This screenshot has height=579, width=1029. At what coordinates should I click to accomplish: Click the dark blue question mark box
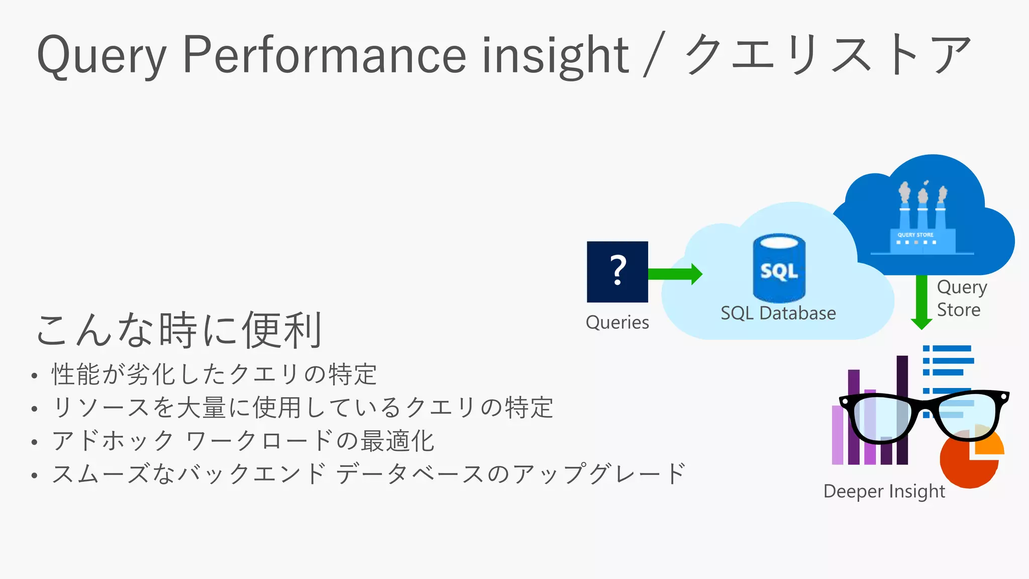tap(617, 271)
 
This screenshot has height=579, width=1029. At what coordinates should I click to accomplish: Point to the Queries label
tap(617, 322)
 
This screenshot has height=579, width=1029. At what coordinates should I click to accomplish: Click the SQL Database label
tap(778, 313)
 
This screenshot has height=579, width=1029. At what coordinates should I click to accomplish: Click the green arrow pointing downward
tap(921, 302)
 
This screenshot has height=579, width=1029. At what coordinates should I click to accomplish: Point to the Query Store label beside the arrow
tap(961, 298)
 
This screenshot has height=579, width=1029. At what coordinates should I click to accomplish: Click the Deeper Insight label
tap(884, 491)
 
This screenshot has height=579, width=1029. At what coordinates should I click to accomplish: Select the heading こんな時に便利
tap(179, 330)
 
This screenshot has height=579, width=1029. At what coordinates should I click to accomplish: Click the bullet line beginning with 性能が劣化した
tap(214, 374)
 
